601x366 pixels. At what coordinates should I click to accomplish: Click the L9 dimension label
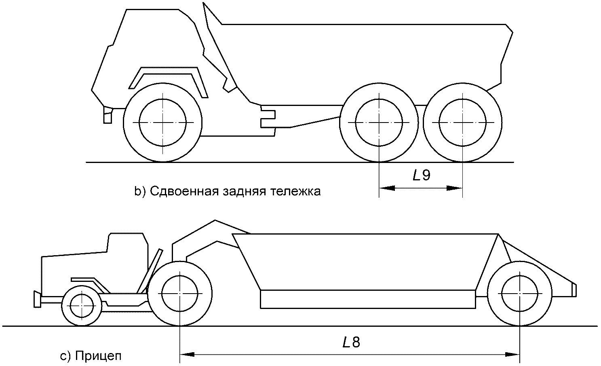point(421,176)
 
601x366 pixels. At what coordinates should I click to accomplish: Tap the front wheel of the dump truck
point(162,122)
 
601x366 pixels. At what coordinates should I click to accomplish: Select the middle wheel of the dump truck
point(379,122)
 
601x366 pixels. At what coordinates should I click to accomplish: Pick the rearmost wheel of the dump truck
point(462,122)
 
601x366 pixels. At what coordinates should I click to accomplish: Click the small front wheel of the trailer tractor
point(82,306)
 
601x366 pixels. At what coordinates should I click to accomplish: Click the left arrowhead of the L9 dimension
point(386,188)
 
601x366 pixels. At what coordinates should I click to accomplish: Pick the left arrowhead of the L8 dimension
point(187,355)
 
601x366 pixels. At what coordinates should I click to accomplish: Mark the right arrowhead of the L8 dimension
point(512,355)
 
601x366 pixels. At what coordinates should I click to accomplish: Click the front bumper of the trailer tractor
point(37,299)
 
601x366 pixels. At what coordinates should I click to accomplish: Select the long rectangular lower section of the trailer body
point(368,300)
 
